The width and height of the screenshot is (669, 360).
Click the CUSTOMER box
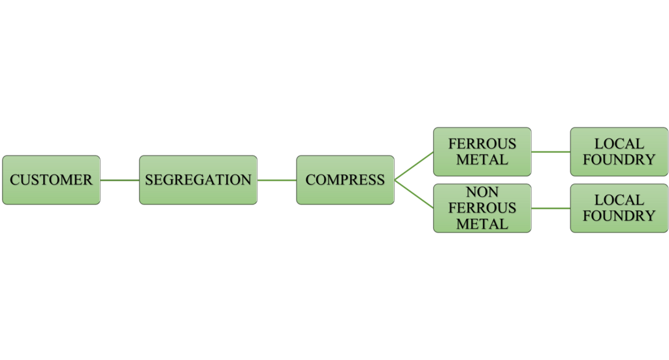[51, 180]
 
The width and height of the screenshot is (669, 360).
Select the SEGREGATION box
[198, 180]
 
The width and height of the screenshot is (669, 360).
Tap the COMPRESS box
[345, 180]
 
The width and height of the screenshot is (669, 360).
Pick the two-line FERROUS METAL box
[482, 152]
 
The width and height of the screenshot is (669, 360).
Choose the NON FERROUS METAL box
[482, 208]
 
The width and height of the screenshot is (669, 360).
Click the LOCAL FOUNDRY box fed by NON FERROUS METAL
[619, 208]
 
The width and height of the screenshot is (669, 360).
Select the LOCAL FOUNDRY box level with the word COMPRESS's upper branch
[619, 152]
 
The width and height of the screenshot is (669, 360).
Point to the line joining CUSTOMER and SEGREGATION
[120, 180]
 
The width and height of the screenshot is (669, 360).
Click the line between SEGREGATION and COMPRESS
[276, 180]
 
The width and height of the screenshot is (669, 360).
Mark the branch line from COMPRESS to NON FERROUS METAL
[414, 194]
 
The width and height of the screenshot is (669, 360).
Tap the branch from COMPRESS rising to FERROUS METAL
[414, 166]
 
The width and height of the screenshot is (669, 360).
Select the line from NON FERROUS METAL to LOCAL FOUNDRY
[551, 208]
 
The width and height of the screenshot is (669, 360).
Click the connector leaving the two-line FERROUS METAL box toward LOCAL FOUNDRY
[551, 152]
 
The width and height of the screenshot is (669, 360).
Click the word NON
[482, 193]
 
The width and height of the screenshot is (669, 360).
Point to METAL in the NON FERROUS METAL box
[482, 224]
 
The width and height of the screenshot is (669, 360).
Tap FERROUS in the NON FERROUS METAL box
[482, 208]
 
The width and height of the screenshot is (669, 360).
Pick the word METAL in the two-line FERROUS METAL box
[482, 159]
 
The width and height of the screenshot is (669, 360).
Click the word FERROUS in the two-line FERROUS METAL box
[482, 144]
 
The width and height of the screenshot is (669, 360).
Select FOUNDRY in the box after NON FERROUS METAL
[619, 216]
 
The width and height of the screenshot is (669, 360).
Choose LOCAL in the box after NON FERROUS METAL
[619, 201]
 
